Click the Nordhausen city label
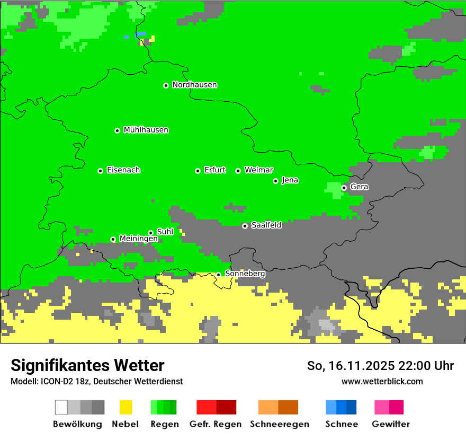pos(194,85)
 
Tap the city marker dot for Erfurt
pos(198,171)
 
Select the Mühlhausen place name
pos(146,130)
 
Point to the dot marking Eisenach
pos(100,171)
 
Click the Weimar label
pos(258,170)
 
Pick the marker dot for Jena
pos(275,181)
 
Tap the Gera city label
pos(359,187)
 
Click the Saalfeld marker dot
pos(245,226)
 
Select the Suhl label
pos(165,232)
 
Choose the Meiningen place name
pos(138,239)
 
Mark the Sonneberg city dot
pos(218,275)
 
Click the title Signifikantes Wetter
pos(87,365)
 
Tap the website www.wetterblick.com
pos(382,381)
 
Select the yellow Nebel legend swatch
pos(126,407)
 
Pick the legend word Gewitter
pos(390,424)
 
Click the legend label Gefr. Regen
pos(216,424)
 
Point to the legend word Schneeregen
pos(280,424)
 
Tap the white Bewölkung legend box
pos(61,407)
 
